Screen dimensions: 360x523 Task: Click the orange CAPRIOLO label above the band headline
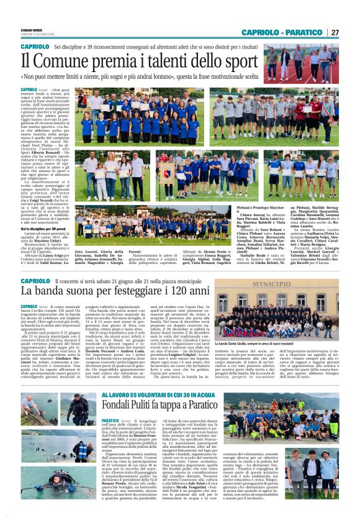(x=35, y=280)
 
